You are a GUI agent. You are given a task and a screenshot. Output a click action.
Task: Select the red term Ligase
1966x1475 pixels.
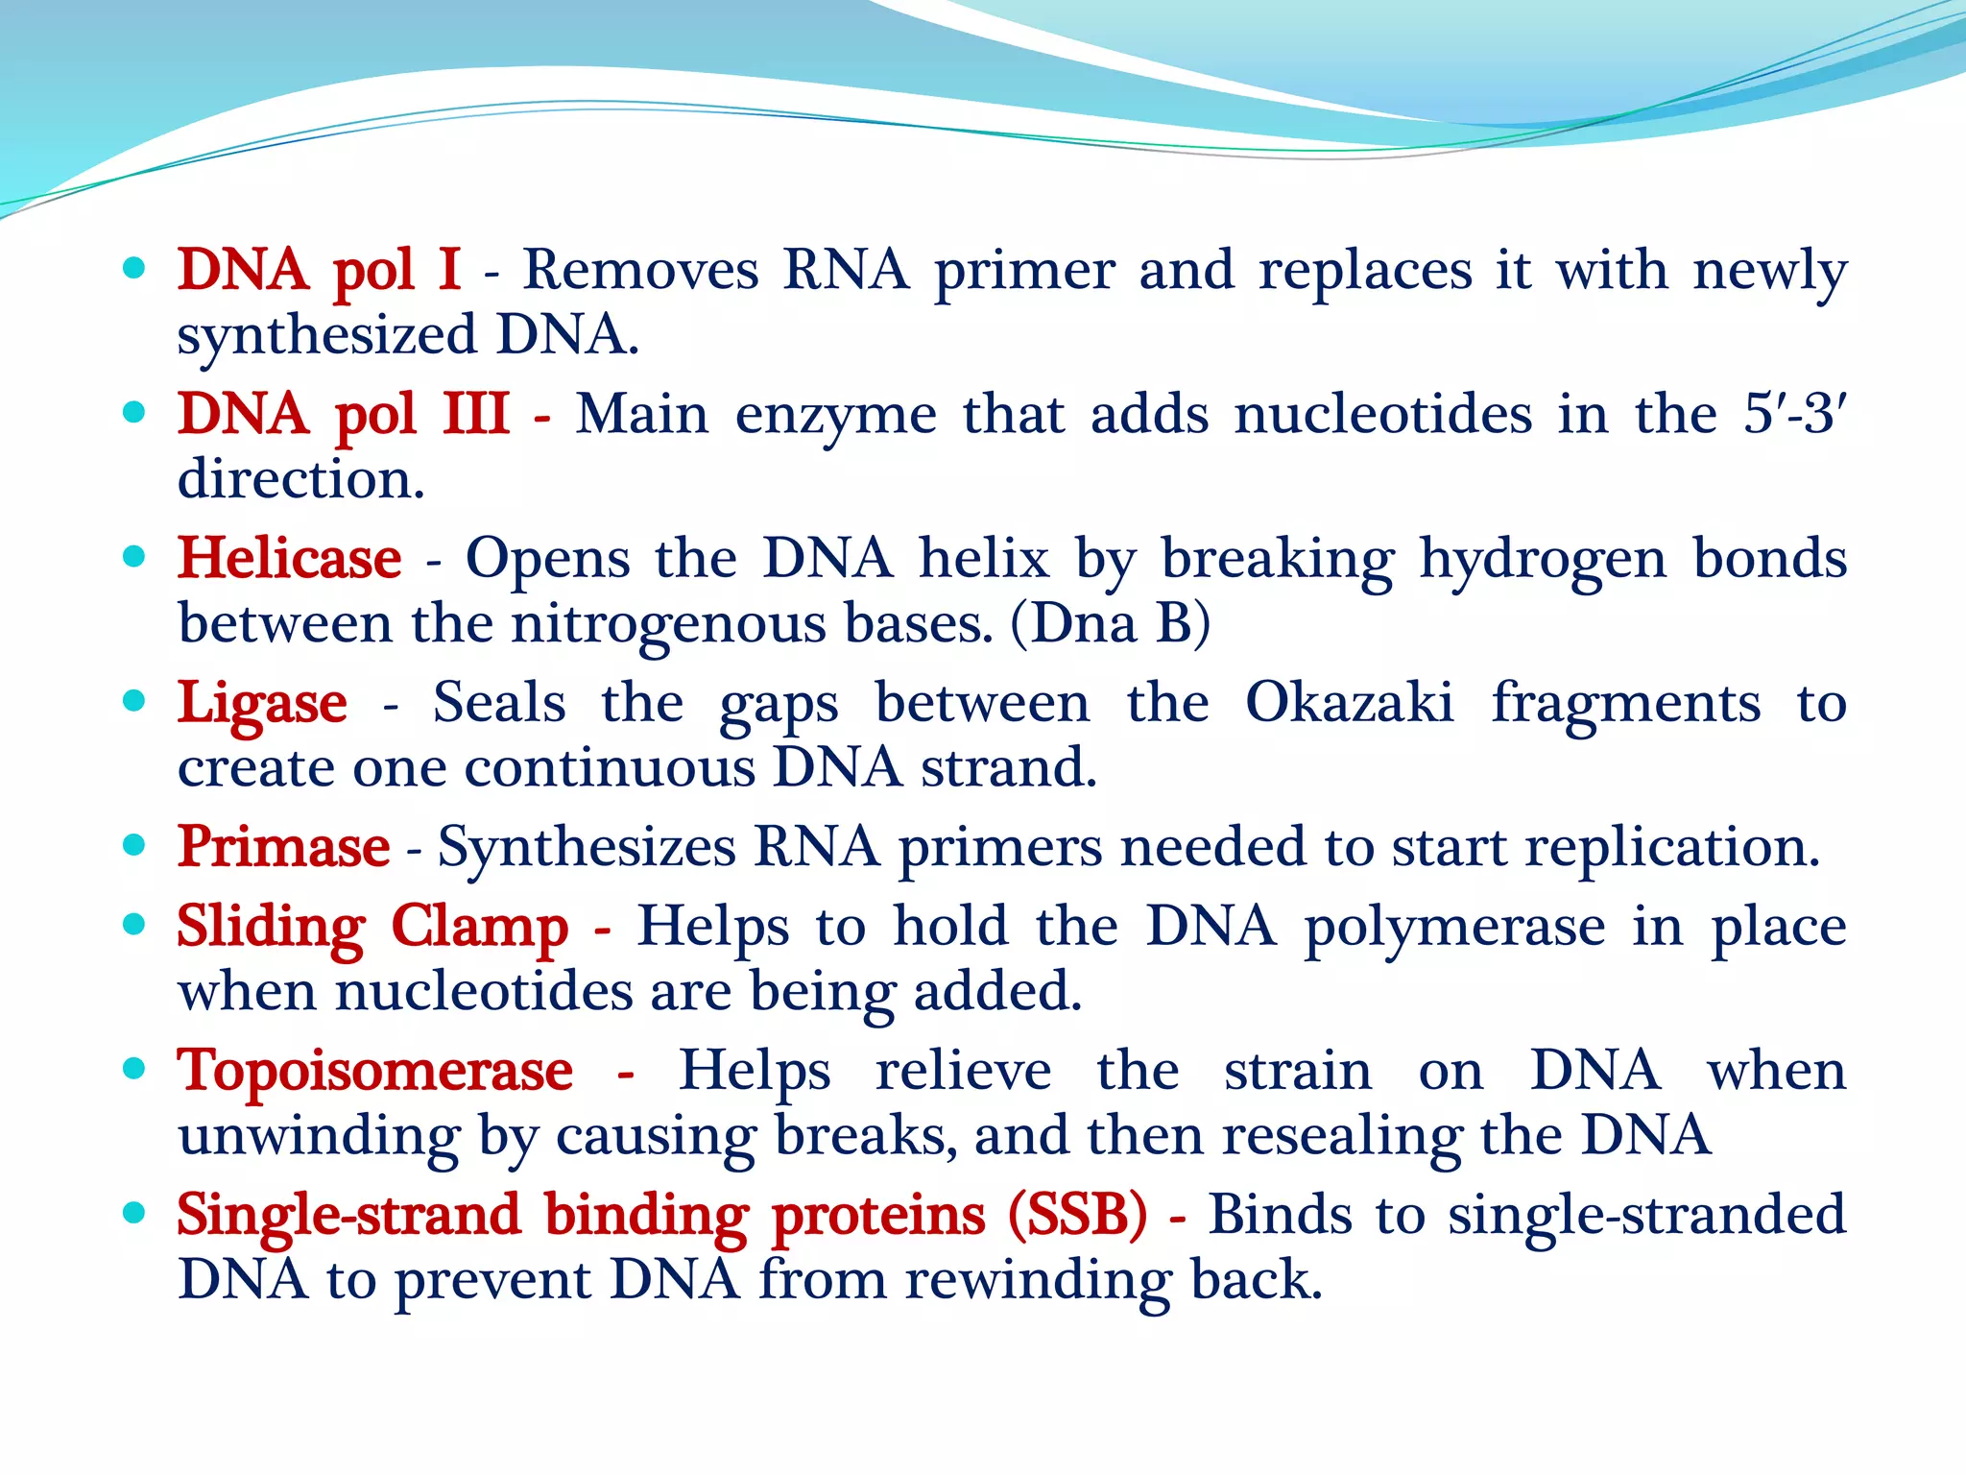coord(262,704)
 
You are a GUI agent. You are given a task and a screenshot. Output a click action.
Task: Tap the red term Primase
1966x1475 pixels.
coord(283,847)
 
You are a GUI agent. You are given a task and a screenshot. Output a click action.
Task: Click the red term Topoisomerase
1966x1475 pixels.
coord(375,1071)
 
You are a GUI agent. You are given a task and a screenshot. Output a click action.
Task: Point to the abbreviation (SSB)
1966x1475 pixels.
coord(1077,1215)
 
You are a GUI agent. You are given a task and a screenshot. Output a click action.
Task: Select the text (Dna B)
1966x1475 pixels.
coord(1111,623)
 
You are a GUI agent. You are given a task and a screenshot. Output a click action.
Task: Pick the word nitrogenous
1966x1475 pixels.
coord(668,625)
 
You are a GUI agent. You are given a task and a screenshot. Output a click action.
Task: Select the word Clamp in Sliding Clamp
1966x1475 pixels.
coord(479,928)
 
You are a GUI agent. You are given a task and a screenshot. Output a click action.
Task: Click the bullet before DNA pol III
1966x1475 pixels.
coord(135,413)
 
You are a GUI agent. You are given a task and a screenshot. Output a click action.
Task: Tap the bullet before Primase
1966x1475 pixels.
coord(135,845)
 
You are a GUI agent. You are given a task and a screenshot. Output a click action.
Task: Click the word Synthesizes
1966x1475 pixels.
coord(586,849)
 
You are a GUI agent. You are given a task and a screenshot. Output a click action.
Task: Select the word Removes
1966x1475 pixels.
coord(640,270)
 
